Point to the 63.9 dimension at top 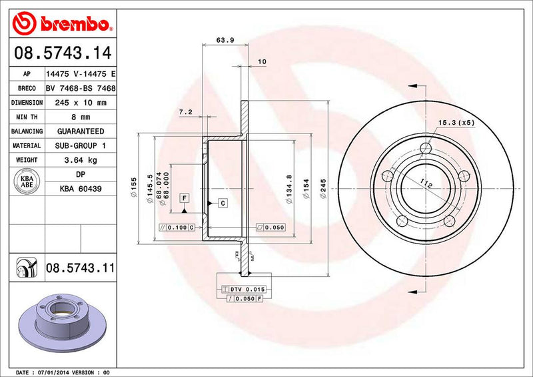pyautogui.click(x=225, y=40)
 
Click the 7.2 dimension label pyautogui.click(x=186, y=112)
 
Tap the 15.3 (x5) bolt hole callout pyautogui.click(x=456, y=123)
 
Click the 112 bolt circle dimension pyautogui.click(x=426, y=185)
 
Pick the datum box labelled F pyautogui.click(x=183, y=198)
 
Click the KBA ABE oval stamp pyautogui.click(x=27, y=181)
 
